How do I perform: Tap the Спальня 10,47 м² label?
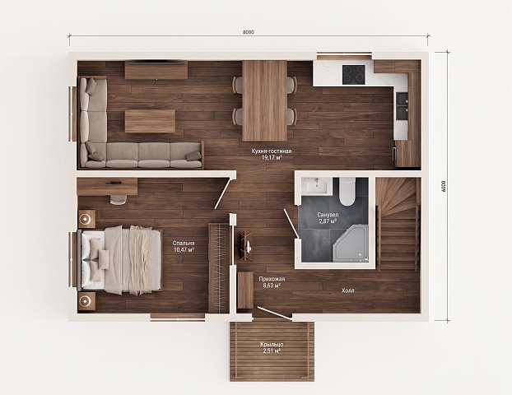point(184,247)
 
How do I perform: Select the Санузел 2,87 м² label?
point(328,218)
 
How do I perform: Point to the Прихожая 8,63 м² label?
point(272,282)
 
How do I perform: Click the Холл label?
point(347,290)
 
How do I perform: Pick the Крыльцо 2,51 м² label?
point(272,347)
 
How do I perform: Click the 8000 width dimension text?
point(249,32)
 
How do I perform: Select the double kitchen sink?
point(403,106)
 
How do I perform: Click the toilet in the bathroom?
point(347,192)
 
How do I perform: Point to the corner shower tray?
point(351,244)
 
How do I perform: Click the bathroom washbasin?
point(316,187)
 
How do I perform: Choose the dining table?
point(265,100)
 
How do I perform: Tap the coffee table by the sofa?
point(150,121)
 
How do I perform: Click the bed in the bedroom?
point(120,260)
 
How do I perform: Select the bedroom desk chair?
point(119,199)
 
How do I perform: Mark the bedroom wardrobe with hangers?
point(219,267)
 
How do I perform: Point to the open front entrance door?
point(274,313)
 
